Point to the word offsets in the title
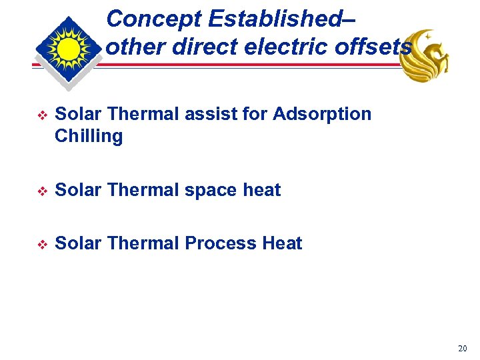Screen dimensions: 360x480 (x=375, y=47)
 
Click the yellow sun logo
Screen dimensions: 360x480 (x=68, y=50)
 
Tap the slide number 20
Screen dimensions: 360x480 (x=463, y=349)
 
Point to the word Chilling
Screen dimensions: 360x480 (x=89, y=137)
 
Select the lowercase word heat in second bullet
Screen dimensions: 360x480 (x=262, y=190)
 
